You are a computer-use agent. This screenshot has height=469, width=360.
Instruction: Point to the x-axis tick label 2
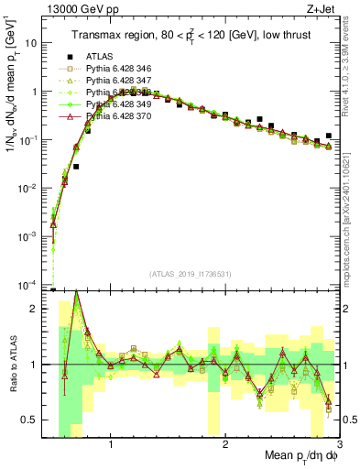(225, 446)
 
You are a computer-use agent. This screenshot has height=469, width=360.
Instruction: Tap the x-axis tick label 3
(338, 446)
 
